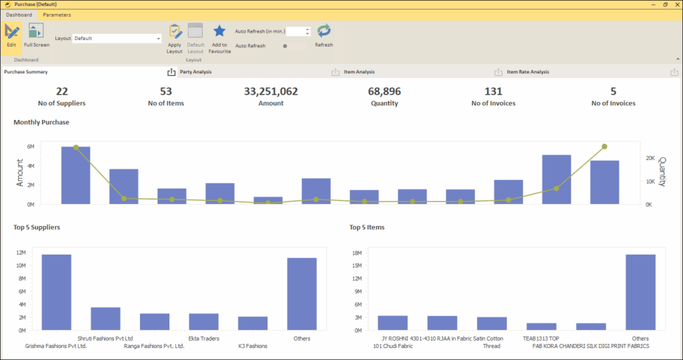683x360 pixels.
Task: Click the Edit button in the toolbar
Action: (x=11, y=35)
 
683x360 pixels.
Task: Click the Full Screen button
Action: (x=36, y=35)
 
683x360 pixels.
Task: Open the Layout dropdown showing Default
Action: (x=117, y=39)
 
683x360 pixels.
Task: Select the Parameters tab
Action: (x=57, y=15)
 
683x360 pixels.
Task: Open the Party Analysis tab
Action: (x=196, y=72)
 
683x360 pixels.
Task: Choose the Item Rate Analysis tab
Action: (x=528, y=72)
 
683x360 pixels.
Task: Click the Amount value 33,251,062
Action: (x=271, y=92)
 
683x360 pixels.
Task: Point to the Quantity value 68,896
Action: (x=384, y=92)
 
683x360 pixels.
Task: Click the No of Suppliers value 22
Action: (x=62, y=92)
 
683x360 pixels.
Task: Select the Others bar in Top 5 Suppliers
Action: (x=301, y=294)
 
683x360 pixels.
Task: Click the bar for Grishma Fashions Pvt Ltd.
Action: (x=57, y=292)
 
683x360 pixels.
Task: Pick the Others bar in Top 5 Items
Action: (x=640, y=292)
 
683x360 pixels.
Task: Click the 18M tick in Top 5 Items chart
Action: (x=356, y=253)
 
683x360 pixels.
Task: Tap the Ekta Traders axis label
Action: (x=203, y=339)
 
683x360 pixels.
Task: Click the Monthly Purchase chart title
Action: (x=41, y=123)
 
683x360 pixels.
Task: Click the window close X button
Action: (x=675, y=5)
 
